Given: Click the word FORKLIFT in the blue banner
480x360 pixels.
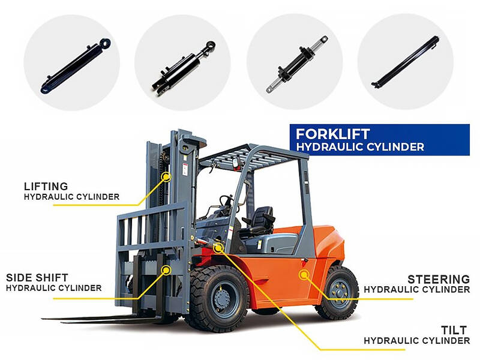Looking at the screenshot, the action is pyautogui.click(x=333, y=134).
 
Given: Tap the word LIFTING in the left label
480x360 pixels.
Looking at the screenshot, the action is pyautogui.click(x=46, y=187).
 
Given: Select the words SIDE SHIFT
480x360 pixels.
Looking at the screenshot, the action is pyautogui.click(x=37, y=278).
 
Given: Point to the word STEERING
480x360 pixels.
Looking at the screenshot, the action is pyautogui.click(x=439, y=279).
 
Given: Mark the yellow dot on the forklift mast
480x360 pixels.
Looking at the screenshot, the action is pyautogui.click(x=166, y=177).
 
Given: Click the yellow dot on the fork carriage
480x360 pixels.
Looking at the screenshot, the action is pyautogui.click(x=167, y=270).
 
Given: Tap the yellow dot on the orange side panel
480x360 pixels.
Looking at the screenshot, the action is pyautogui.click(x=304, y=275).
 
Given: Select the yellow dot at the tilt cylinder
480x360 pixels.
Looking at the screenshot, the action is pyautogui.click(x=218, y=248).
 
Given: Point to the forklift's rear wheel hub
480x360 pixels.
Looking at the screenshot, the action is pyautogui.click(x=339, y=292).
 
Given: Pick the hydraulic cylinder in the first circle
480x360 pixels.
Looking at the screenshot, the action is pyautogui.click(x=76, y=65).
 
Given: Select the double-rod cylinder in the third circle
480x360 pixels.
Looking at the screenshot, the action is pyautogui.click(x=296, y=64).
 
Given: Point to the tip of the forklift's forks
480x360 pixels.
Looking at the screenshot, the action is pyautogui.click(x=43, y=319).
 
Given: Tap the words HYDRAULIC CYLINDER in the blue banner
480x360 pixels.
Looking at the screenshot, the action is pyautogui.click(x=360, y=147).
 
